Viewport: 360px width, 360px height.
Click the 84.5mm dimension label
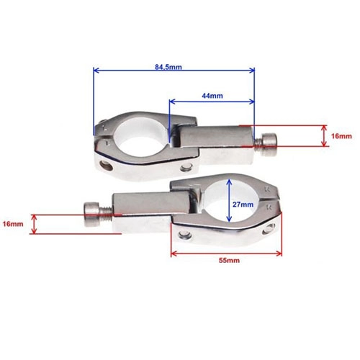(168, 67)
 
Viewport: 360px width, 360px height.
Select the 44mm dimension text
(212, 96)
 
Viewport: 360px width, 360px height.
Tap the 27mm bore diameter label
(243, 204)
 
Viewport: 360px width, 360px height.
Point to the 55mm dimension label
(229, 260)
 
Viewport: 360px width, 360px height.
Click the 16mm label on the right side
(341, 136)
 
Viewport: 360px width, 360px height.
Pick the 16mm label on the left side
(13, 224)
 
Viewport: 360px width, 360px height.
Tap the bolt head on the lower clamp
(91, 214)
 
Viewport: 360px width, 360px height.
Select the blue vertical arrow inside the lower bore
(229, 200)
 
